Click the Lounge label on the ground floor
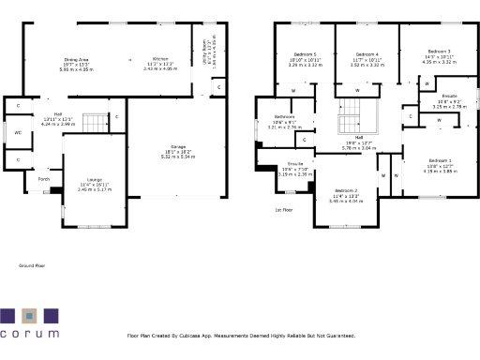click(x=94, y=178)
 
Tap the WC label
click(x=18, y=133)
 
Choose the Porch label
click(x=44, y=178)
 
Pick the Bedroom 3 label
click(x=439, y=51)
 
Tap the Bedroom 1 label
click(x=438, y=161)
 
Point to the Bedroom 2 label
click(x=346, y=190)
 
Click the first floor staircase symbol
click(x=356, y=112)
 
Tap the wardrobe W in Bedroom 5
click(x=293, y=90)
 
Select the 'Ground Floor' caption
click(x=33, y=266)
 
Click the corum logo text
click(x=30, y=332)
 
